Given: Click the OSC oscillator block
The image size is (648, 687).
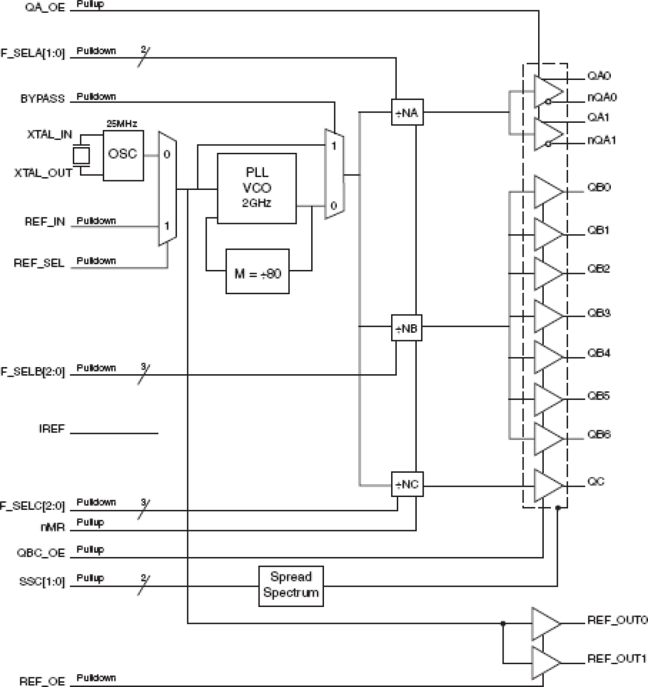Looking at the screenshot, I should tap(123, 155).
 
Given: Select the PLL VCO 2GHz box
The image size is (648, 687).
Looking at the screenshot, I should tap(257, 188).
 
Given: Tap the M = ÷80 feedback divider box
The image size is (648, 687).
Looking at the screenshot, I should tap(257, 271).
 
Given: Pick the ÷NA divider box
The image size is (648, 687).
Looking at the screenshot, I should tap(407, 113).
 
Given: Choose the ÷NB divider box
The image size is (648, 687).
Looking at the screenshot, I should tap(407, 327).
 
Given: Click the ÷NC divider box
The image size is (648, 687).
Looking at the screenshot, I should tap(407, 484).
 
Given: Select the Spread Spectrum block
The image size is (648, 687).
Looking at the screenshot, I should tap(291, 586).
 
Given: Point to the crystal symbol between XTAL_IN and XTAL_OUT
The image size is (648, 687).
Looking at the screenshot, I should tap(81, 155).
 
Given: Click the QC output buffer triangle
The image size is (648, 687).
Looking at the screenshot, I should tap(547, 486).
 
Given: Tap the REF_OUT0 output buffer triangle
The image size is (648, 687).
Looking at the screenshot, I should tap(545, 623).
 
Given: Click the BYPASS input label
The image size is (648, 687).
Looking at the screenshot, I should tap(42, 99).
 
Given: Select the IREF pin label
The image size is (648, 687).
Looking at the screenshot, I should tap(52, 429).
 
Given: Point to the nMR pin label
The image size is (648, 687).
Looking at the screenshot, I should tap(52, 528).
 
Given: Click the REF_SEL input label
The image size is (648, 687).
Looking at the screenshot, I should tap(39, 263).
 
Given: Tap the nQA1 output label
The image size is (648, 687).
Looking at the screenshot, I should tap(602, 140).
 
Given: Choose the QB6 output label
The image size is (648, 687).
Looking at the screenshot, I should tap(598, 434).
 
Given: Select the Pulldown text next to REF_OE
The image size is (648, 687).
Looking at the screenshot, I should tap(96, 677).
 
